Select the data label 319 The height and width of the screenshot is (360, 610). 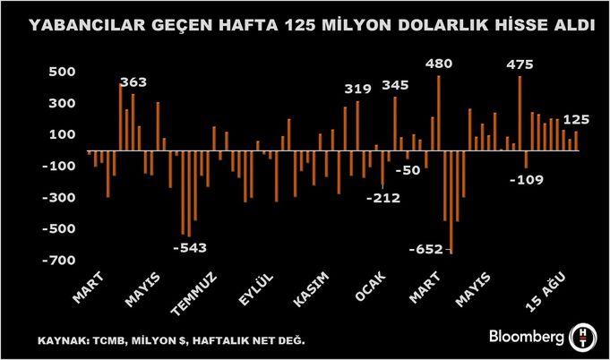(357, 88)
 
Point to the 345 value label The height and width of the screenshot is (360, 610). (395, 84)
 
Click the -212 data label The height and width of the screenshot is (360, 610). (384, 198)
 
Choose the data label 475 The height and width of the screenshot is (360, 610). (520, 64)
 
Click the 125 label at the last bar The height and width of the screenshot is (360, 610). (576, 119)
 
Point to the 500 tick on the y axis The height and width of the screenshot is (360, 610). (62, 72)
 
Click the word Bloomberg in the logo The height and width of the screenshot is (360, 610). (526, 337)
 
